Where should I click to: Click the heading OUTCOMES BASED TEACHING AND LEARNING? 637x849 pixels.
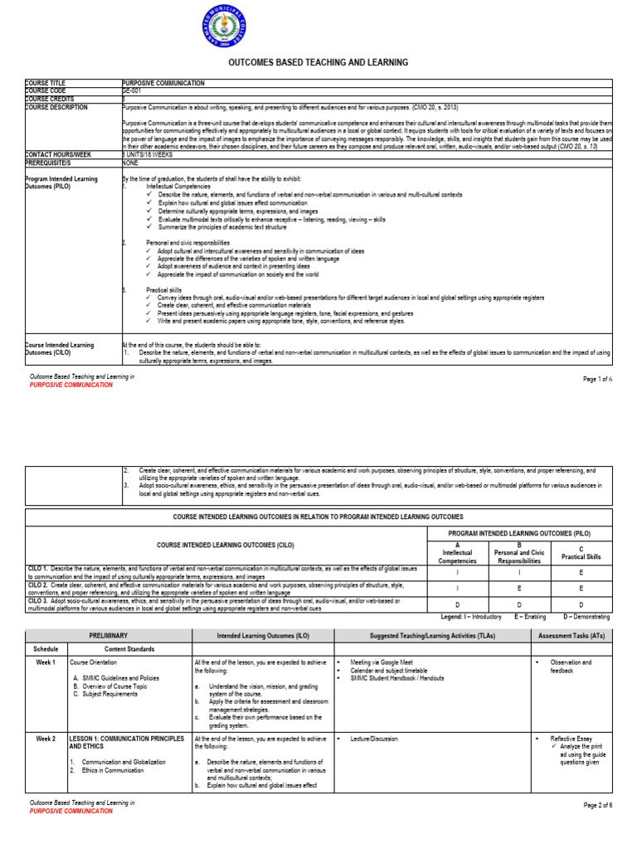point(318,63)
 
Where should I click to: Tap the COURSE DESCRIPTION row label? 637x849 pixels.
point(56,107)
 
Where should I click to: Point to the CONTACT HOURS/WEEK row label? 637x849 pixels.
point(58,154)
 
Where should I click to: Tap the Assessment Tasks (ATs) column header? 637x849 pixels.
point(571,636)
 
